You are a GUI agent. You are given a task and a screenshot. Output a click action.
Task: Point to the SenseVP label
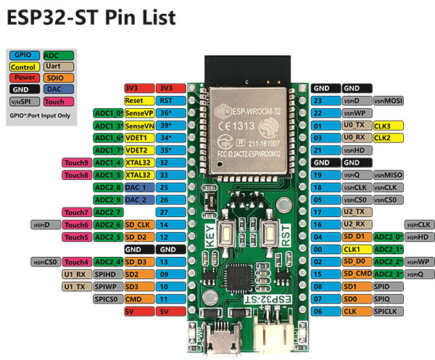[138, 113]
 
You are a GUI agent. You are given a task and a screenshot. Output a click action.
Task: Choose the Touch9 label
[77, 163]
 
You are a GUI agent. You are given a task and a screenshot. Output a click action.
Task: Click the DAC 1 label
[137, 187]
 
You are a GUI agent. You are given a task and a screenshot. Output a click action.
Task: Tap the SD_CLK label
[138, 224]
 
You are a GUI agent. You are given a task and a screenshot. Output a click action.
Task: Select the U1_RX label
[76, 274]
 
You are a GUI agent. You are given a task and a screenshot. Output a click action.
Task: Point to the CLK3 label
[387, 126]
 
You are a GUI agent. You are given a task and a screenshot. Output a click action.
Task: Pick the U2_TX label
[356, 212]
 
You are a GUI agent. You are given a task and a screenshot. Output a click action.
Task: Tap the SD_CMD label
[356, 274]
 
